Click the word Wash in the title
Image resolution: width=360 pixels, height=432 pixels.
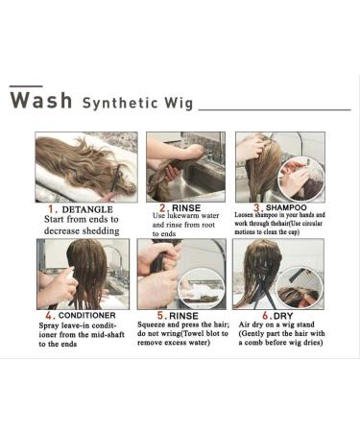pyautogui.click(x=41, y=100)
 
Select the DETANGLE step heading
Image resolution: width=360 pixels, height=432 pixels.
pyautogui.click(x=87, y=209)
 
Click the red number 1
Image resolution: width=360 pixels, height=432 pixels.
pyautogui.click(x=53, y=209)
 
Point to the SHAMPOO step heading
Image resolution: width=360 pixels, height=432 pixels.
pyautogui.click(x=286, y=207)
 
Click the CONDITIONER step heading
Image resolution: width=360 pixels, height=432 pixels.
pyautogui.click(x=87, y=315)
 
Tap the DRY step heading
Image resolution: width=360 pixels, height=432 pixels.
pyautogui.click(x=283, y=316)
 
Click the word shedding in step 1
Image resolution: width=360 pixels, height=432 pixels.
pyautogui.click(x=101, y=230)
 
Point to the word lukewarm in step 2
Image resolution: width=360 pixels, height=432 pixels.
pyautogui.click(x=182, y=215)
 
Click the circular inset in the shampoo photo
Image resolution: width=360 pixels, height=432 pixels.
pyautogui.click(x=301, y=180)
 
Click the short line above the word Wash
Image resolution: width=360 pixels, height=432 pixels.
pyautogui.click(x=26, y=86)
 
